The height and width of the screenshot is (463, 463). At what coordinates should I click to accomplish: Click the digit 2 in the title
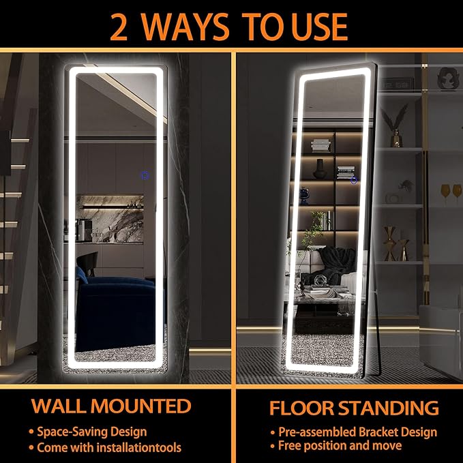point(119,27)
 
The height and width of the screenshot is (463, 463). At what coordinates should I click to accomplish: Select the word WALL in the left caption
point(59,406)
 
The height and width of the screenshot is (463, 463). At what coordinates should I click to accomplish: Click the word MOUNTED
point(141,406)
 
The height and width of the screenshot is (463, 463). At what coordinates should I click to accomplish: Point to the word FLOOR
point(302,408)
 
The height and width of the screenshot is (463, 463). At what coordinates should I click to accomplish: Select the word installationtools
point(139,447)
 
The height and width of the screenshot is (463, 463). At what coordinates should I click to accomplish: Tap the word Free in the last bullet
point(290,445)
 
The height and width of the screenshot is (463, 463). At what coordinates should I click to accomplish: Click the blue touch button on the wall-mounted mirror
point(145,175)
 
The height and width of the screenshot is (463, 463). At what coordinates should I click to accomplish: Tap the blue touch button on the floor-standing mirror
point(354,180)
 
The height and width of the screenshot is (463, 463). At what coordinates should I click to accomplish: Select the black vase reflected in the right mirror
point(320,169)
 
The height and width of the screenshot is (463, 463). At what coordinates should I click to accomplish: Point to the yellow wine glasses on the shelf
point(451,194)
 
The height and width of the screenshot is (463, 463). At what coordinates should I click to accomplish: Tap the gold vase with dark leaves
point(395,126)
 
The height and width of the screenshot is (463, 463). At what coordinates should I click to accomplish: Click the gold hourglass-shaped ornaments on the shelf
point(395,244)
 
